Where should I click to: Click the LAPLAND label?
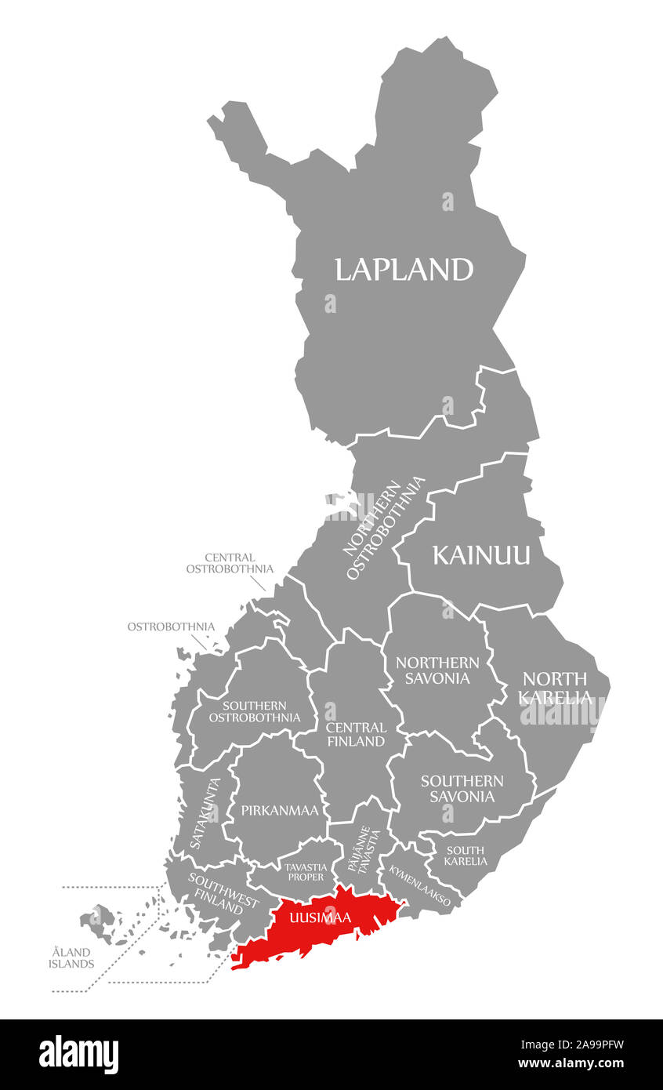(404, 270)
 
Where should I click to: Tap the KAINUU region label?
(481, 555)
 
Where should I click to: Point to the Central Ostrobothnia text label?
(230, 563)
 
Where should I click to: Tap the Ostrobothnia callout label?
(171, 627)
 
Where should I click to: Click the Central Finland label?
(355, 734)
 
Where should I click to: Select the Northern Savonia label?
(437, 670)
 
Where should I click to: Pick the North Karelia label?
(555, 688)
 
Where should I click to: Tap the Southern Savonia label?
(462, 788)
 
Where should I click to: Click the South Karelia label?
(466, 856)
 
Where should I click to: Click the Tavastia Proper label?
(305, 871)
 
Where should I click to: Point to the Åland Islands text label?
(71, 957)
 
